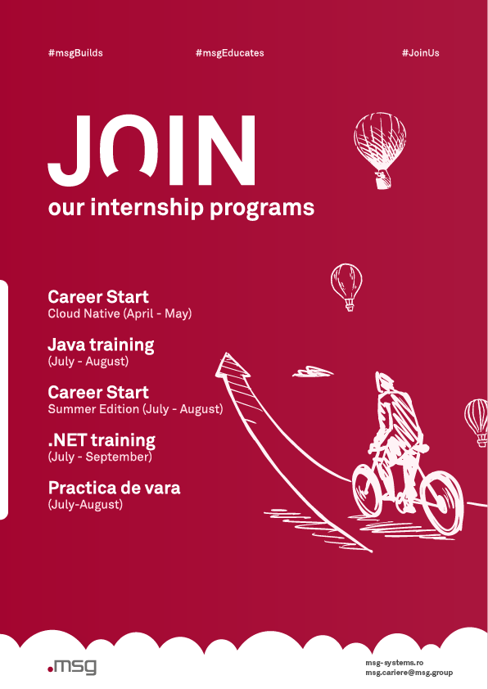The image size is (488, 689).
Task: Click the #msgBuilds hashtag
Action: tap(75, 53)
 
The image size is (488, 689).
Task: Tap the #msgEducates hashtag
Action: tap(229, 53)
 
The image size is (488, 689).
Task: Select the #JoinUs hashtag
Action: tap(420, 53)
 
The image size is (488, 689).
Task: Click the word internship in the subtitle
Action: tap(147, 207)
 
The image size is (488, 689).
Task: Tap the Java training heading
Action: tap(101, 345)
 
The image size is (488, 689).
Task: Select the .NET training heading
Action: tap(102, 440)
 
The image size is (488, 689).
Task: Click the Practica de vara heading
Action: tap(114, 488)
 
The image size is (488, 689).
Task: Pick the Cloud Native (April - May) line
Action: tap(120, 313)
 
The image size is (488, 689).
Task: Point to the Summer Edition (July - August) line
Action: tap(135, 409)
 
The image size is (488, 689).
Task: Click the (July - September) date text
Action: tap(100, 457)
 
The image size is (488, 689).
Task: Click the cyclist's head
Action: tap(384, 381)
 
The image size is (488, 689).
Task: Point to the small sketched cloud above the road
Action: tap(313, 372)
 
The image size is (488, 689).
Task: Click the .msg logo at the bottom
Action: tap(72, 667)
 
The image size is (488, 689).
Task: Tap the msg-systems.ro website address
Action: tap(395, 663)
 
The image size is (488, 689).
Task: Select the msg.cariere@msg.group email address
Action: tap(409, 673)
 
